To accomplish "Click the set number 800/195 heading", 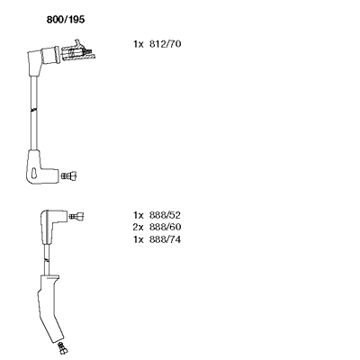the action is point(66,20).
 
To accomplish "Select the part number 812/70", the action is point(165,44).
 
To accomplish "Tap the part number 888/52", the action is point(165,215).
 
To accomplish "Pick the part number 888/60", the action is point(165,227).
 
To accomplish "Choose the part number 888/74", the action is point(165,239).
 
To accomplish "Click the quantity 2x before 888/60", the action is point(139,227).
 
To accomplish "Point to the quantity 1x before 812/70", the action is point(139,44).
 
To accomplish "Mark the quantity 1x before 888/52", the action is point(139,215).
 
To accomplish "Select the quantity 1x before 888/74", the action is point(139,239).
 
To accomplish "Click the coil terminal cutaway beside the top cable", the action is point(78,51).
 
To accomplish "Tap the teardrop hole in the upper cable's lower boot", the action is point(34,173).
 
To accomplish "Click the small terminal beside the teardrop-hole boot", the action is point(69,175).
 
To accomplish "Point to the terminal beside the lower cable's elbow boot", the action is point(76,216).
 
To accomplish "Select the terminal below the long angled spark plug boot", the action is point(62,348).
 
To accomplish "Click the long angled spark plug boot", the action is point(49,308).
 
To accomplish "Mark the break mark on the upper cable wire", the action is point(34,110).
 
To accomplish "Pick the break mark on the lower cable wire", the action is point(46,258).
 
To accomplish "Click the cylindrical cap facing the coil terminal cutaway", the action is point(51,55).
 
